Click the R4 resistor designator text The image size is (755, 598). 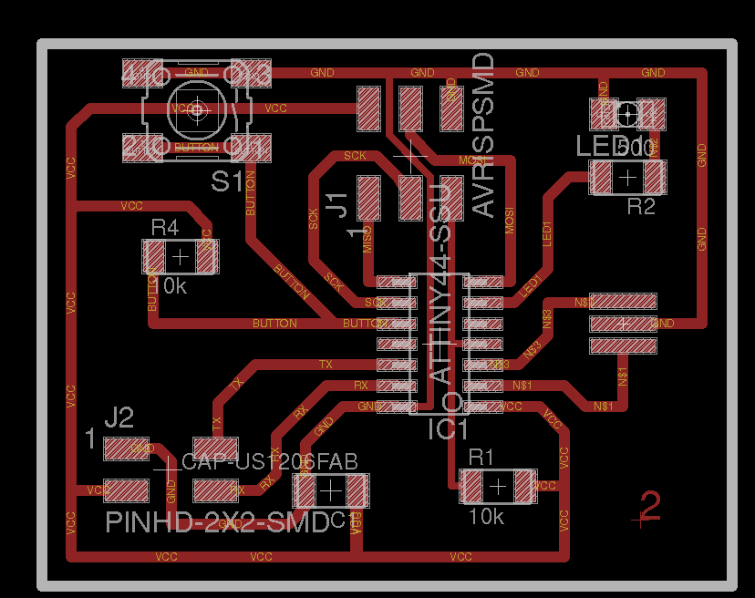[166, 227]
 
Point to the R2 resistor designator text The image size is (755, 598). [640, 207]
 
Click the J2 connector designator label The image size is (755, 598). [119, 418]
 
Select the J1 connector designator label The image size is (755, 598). [337, 205]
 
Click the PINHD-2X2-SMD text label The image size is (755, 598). [217, 523]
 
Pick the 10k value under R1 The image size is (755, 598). [486, 517]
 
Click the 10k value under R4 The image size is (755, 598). [170, 286]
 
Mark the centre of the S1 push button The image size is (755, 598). [197, 109]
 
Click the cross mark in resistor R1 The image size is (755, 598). [497, 487]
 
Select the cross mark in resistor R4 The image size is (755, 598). [181, 257]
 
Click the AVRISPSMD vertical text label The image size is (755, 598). [483, 134]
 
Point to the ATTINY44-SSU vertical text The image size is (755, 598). [440, 283]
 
